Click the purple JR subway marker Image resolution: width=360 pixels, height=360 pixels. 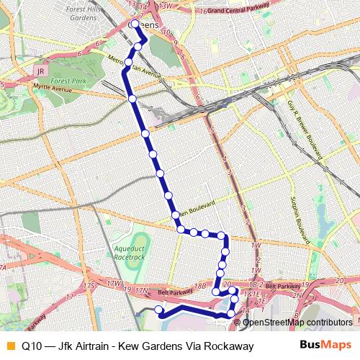point(40,73)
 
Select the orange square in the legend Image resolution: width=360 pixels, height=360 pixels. point(9,346)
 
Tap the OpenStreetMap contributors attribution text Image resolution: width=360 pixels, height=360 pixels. point(297,322)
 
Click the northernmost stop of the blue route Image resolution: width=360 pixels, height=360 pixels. point(135,23)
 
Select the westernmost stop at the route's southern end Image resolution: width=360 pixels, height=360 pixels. point(159,310)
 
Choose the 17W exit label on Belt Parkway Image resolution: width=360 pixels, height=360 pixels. point(114,283)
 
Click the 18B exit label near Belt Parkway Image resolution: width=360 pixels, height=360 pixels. point(200,286)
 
